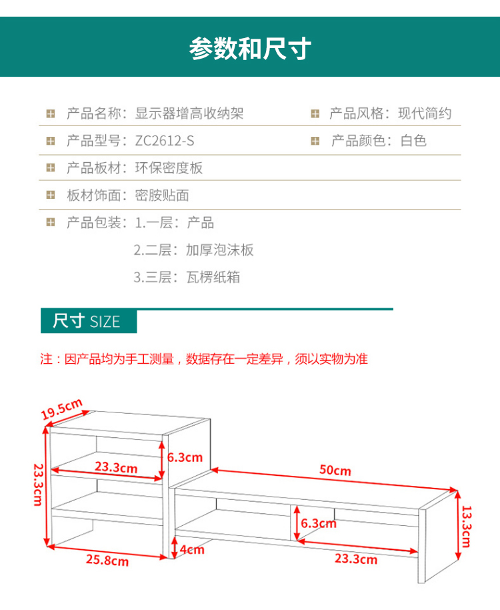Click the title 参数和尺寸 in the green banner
point(250,48)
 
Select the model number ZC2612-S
point(165,141)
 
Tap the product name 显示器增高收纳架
point(189,113)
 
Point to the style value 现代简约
point(425,113)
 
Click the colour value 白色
point(413,141)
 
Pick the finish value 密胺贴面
point(162,196)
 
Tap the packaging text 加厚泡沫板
point(220,250)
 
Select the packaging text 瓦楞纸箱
point(213,278)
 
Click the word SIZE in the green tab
point(105,322)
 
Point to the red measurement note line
point(204,359)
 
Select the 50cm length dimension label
point(335,471)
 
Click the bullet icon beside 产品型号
point(51,141)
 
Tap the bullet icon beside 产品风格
point(315,113)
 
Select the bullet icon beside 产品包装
point(51,223)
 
